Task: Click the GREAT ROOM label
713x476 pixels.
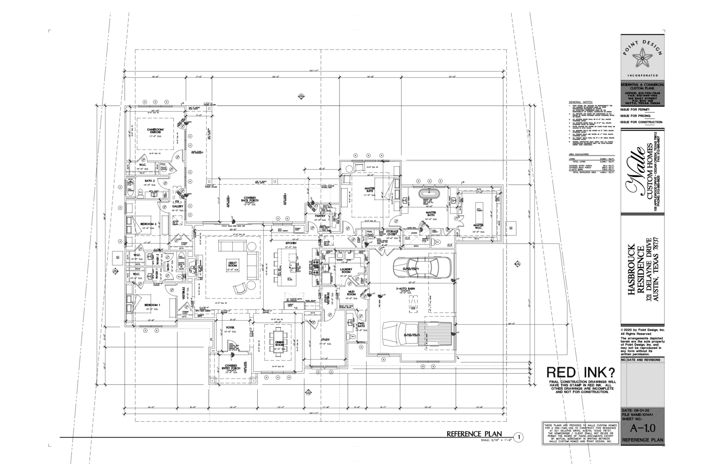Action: click(232, 264)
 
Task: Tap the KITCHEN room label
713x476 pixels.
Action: click(291, 243)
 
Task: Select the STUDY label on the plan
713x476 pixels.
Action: click(325, 340)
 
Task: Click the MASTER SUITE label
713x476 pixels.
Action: click(369, 190)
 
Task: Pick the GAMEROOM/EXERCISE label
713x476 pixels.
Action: click(156, 130)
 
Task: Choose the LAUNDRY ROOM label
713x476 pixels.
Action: click(346, 270)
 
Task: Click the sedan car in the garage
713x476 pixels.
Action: click(422, 268)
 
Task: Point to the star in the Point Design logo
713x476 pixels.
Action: click(642, 57)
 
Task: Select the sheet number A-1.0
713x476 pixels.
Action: click(642, 429)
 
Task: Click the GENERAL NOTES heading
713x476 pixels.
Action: click(581, 102)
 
